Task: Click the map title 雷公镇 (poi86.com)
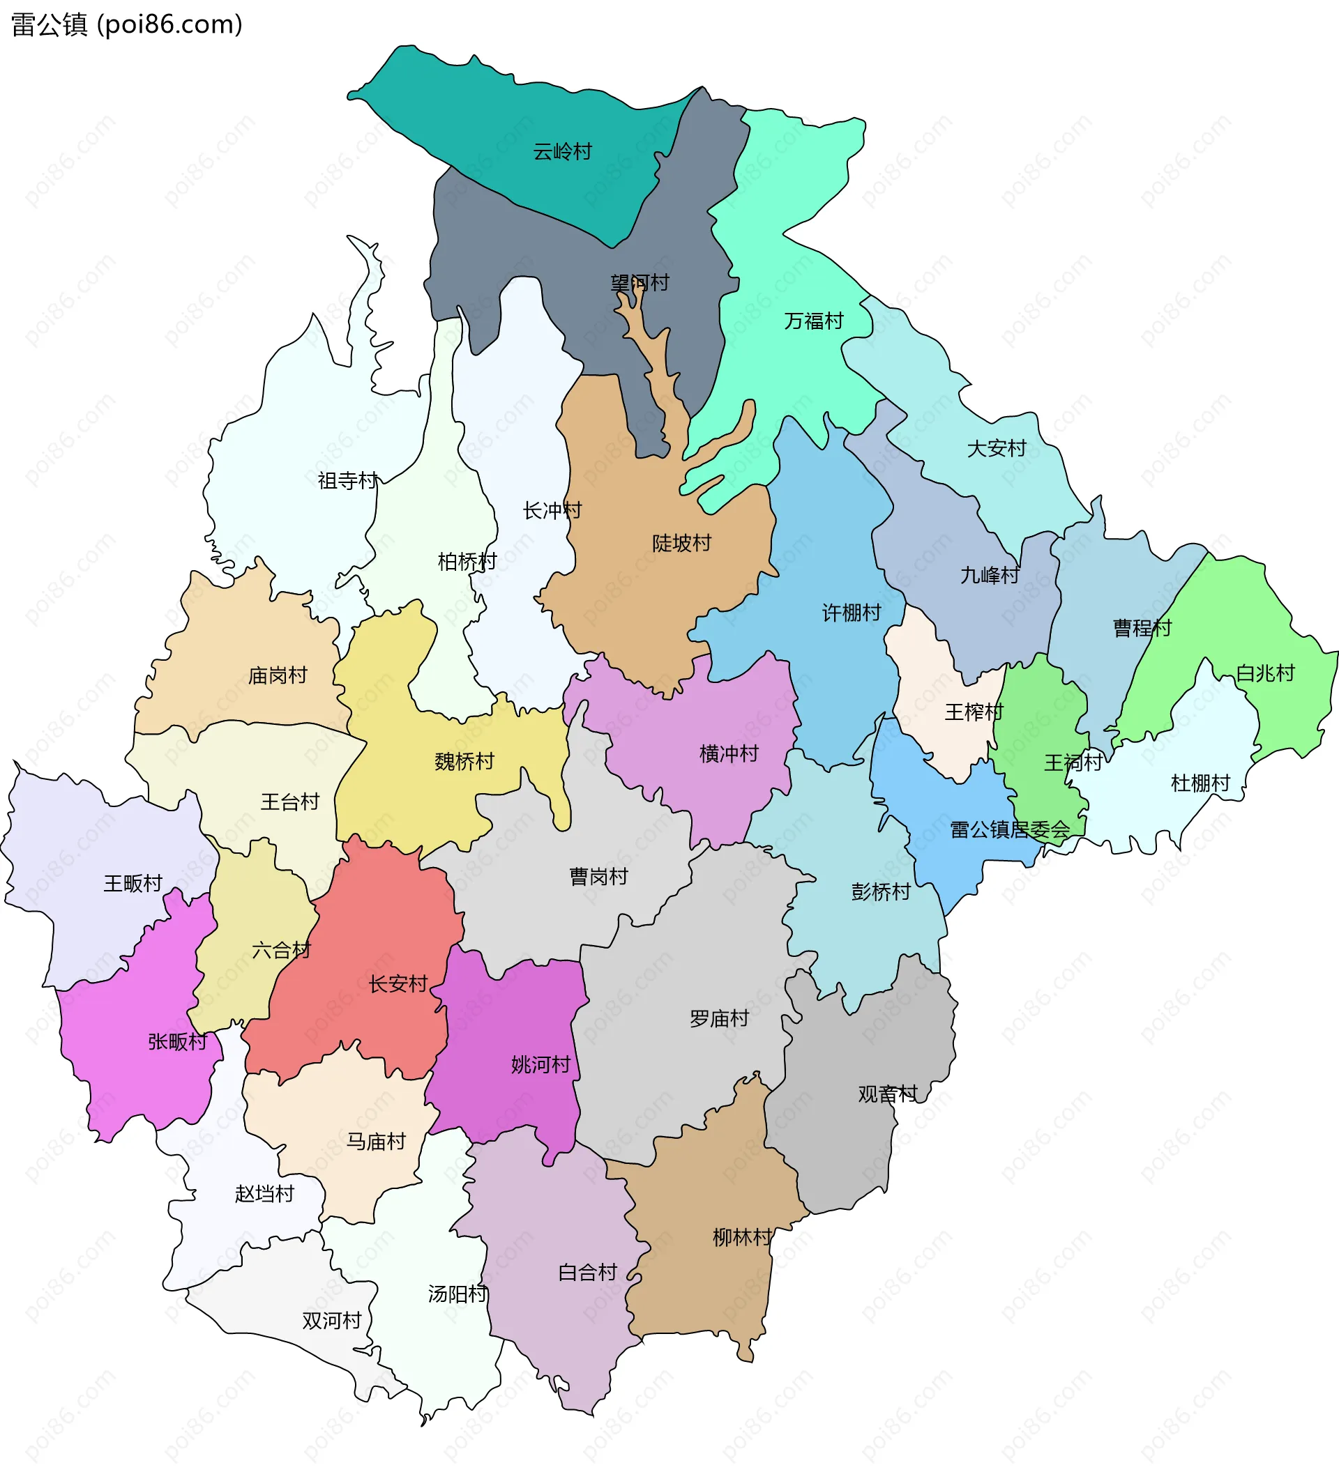click(x=126, y=25)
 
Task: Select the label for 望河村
click(x=640, y=282)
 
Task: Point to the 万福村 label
click(x=813, y=321)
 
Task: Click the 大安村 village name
click(x=997, y=448)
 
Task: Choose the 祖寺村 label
click(x=348, y=480)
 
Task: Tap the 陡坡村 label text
click(x=681, y=543)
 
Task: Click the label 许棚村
click(x=851, y=613)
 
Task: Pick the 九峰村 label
click(x=989, y=576)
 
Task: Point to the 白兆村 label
click(x=1264, y=673)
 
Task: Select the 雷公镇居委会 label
click(x=1010, y=829)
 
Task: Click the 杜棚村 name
click(x=1200, y=783)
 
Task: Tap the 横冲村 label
click(x=728, y=753)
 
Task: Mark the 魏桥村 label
click(x=464, y=762)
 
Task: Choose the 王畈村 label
click(x=133, y=884)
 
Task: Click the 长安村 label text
click(x=398, y=983)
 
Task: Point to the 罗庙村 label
click(x=719, y=1018)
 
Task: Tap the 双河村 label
click(x=332, y=1321)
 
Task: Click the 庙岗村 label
click(x=277, y=675)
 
